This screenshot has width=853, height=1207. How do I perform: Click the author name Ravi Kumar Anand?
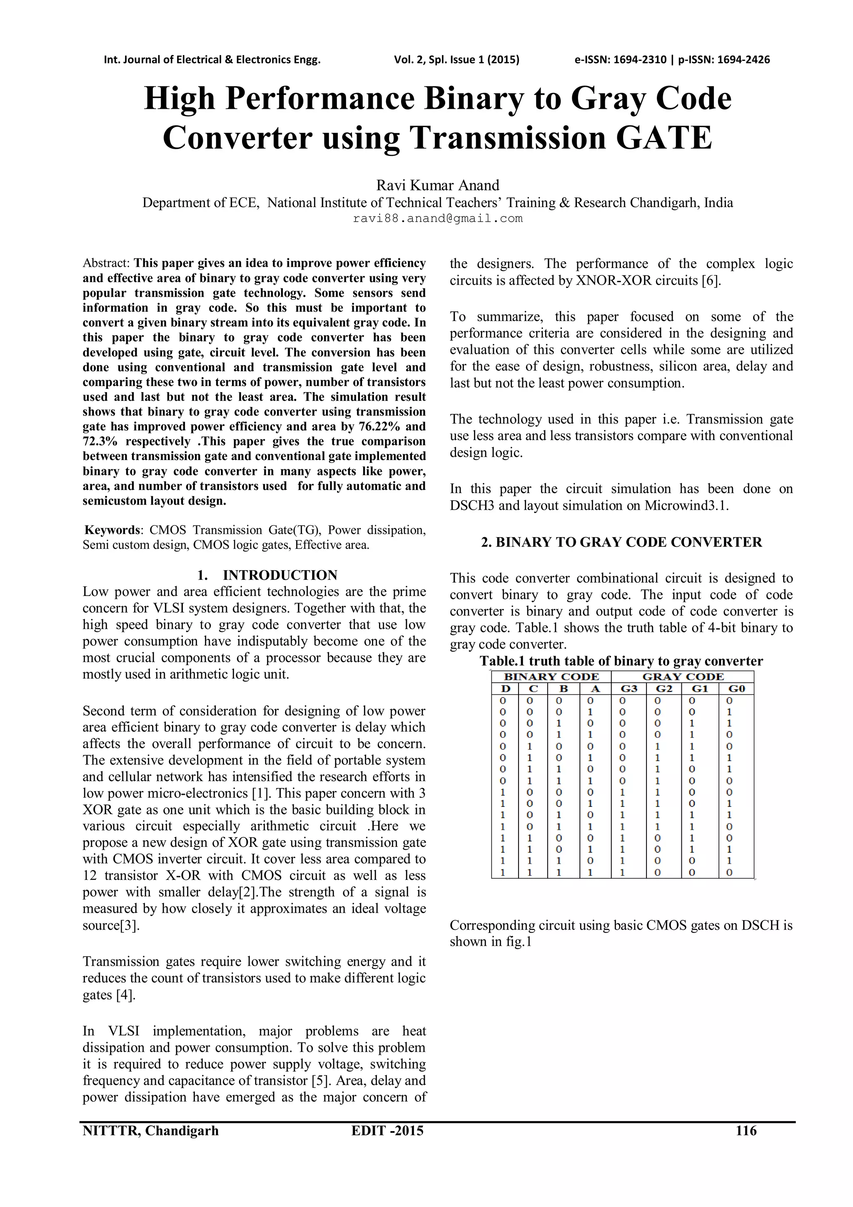click(437, 185)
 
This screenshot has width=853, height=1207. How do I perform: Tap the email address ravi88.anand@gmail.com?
click(437, 219)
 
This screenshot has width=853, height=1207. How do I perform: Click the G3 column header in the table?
click(629, 689)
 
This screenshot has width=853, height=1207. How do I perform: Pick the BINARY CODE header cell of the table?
click(551, 676)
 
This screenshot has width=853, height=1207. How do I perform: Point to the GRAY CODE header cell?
click(682, 676)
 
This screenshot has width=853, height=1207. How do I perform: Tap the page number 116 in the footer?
click(746, 1130)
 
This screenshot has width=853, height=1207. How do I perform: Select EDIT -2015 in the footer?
click(387, 1130)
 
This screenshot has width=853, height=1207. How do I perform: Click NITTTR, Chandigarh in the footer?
click(150, 1130)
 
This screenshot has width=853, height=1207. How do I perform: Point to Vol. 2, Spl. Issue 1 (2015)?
click(456, 60)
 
